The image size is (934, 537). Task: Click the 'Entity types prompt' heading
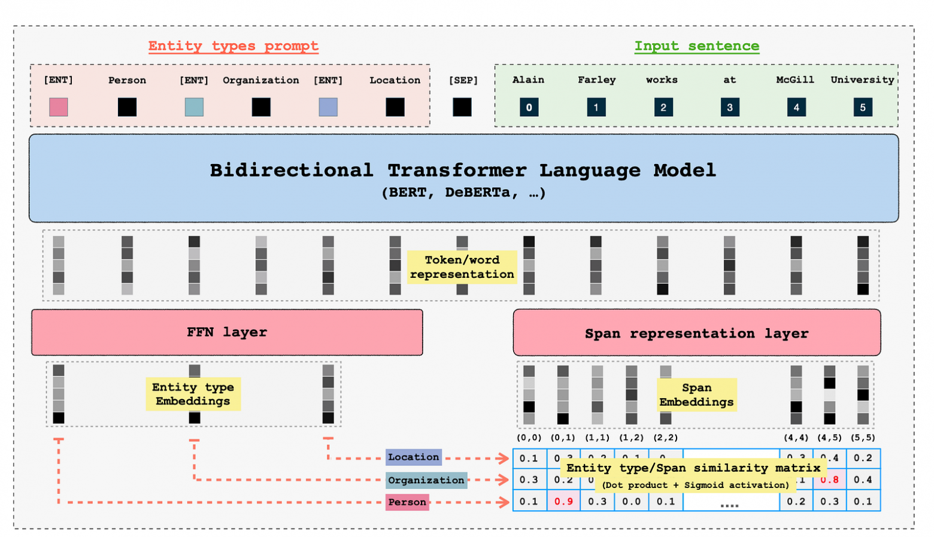tap(233, 46)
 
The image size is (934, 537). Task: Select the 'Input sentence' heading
tap(696, 46)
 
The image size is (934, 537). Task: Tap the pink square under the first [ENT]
tap(59, 107)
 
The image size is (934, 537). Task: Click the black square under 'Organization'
tap(261, 107)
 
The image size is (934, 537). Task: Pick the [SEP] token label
tap(463, 80)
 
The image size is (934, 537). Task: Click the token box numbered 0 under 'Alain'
tap(529, 108)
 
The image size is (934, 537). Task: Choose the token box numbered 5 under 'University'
tap(862, 108)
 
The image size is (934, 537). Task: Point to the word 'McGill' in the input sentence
tap(795, 80)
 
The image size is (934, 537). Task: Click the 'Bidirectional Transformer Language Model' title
tap(463, 171)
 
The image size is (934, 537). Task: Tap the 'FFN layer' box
tap(227, 332)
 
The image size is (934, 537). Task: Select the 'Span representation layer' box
tap(696, 333)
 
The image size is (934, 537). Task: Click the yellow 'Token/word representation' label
tap(462, 267)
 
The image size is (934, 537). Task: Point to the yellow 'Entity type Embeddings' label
tap(193, 394)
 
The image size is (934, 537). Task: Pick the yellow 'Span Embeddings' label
tap(696, 395)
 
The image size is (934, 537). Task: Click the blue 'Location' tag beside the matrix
tap(413, 457)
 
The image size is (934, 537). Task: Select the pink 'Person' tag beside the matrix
tap(407, 502)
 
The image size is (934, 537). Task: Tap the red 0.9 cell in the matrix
tap(563, 502)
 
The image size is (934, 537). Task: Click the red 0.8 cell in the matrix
tap(829, 480)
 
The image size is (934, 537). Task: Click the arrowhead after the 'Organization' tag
tap(504, 480)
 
